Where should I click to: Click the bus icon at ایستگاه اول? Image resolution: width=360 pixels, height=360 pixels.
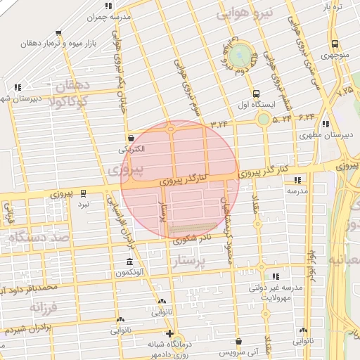pos(255,93)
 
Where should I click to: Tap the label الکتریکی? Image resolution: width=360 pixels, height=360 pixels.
pos(131,149)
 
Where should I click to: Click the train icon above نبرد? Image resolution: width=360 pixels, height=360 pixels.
pos(84,192)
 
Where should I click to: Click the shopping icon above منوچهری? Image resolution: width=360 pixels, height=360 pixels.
pos(334,42)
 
